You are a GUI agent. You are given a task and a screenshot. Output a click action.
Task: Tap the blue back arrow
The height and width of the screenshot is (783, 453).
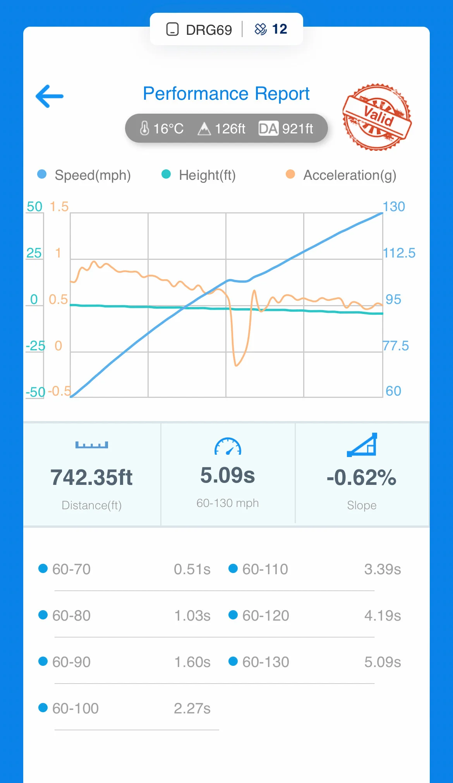pyautogui.click(x=50, y=96)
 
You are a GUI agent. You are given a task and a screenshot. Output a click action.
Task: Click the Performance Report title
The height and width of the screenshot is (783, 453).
pyautogui.click(x=226, y=94)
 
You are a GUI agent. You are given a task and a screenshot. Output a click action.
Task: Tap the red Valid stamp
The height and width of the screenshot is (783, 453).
pyautogui.click(x=377, y=117)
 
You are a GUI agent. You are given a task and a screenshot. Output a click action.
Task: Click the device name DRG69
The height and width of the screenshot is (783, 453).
pyautogui.click(x=208, y=30)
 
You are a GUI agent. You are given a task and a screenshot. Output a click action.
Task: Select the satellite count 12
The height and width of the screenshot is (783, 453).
pyautogui.click(x=279, y=29)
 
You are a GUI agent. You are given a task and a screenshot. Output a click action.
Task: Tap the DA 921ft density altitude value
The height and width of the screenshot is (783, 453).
pyautogui.click(x=286, y=128)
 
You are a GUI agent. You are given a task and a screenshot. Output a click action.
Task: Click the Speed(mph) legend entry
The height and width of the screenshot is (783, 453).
pyautogui.click(x=92, y=175)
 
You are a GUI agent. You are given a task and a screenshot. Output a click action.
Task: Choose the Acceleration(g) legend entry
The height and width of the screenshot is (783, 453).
pyautogui.click(x=349, y=175)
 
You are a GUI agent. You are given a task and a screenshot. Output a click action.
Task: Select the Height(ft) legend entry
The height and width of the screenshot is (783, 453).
pyautogui.click(x=207, y=175)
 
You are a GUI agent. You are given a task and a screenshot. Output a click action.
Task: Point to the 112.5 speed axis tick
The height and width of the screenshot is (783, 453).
pyautogui.click(x=399, y=253)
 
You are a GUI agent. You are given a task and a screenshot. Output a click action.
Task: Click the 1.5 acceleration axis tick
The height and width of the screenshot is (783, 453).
pyautogui.click(x=59, y=206)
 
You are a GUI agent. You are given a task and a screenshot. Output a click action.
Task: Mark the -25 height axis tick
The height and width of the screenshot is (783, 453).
pyautogui.click(x=35, y=346)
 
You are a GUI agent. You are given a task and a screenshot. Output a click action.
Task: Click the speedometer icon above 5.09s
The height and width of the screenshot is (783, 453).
pyautogui.click(x=228, y=446)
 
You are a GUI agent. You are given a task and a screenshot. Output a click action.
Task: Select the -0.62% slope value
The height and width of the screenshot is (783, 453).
pyautogui.click(x=361, y=478)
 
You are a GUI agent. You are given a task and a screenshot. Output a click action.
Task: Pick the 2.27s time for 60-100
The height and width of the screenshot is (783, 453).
pyautogui.click(x=192, y=708)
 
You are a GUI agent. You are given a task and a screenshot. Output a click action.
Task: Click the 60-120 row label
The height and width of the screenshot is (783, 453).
pyautogui.click(x=266, y=616)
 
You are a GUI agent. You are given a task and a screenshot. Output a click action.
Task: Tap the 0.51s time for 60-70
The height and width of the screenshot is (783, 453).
pyautogui.click(x=192, y=569)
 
